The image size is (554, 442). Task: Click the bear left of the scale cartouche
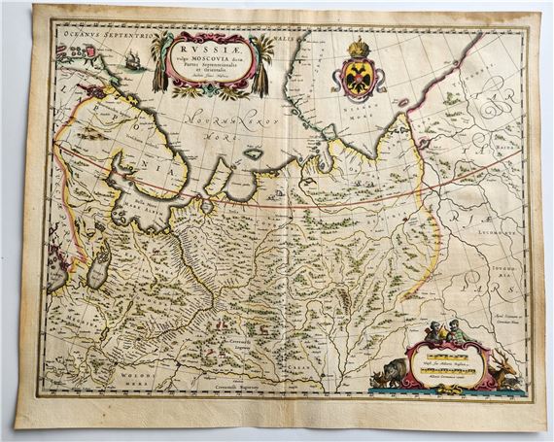pos(393,372)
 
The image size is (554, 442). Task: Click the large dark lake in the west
pos(97,273)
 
